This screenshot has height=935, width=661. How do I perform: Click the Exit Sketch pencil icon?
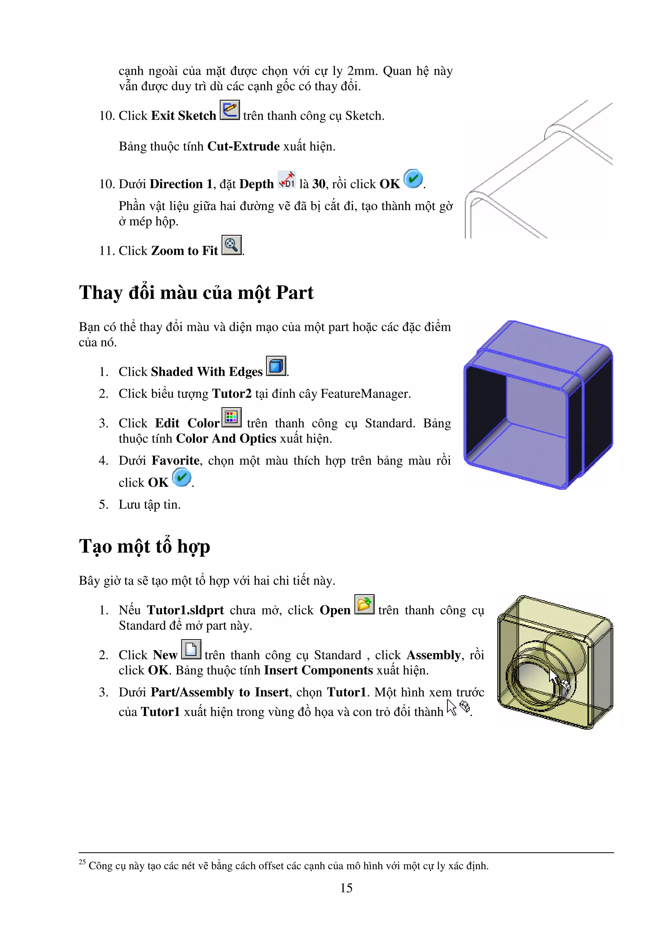[230, 110]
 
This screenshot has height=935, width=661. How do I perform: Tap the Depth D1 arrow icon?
[287, 180]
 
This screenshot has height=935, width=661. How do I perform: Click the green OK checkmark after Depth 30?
[413, 179]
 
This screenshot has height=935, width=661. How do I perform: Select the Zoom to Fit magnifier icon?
[231, 245]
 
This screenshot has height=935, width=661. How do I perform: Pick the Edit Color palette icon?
[231, 417]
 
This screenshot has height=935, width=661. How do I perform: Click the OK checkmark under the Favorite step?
[182, 477]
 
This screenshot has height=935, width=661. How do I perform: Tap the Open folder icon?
[364, 604]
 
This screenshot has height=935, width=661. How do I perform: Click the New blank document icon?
[191, 649]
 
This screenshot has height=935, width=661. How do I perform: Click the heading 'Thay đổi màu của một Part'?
[196, 293]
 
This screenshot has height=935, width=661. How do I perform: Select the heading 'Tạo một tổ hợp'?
[145, 546]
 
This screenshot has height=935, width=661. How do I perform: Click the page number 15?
[346, 888]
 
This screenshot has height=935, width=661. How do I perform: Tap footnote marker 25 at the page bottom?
[82, 862]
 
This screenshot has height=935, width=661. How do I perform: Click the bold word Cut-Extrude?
[243, 146]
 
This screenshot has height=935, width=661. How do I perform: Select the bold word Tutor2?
[232, 394]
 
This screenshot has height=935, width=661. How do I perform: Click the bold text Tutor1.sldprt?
[185, 610]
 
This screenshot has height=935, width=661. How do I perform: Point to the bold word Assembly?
[433, 655]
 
